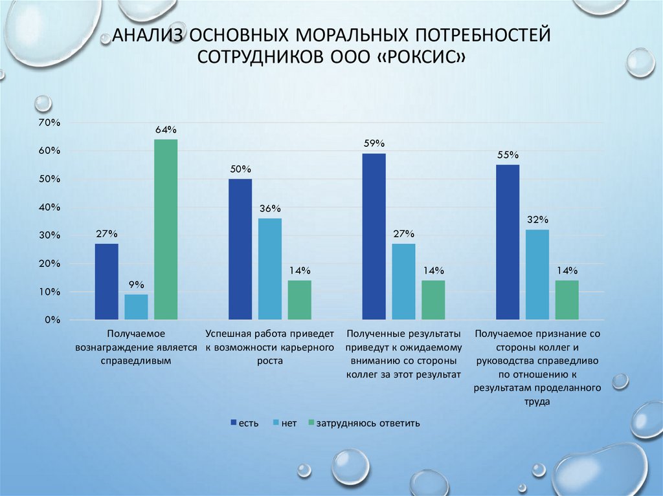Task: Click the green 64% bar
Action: [166, 229]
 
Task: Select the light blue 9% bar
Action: [136, 307]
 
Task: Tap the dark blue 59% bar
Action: [374, 236]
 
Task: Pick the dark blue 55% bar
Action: [507, 242]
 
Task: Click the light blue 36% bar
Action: [270, 268]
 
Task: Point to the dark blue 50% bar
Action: [240, 249]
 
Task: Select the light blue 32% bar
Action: [537, 274]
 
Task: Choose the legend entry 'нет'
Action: [289, 424]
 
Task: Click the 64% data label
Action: [166, 129]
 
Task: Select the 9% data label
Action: [136, 285]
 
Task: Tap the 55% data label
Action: [507, 155]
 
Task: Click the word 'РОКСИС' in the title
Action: [424, 56]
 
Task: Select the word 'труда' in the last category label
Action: [537, 401]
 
